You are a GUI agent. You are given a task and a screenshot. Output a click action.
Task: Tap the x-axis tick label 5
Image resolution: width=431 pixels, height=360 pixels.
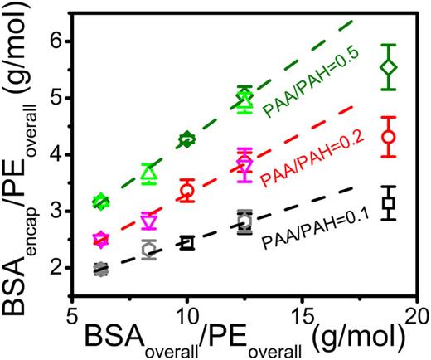point(72,304)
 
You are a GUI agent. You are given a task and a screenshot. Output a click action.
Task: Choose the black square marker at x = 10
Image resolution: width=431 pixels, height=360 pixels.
point(187,243)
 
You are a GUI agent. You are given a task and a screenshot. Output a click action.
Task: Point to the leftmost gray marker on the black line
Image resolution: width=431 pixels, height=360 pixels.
point(101,269)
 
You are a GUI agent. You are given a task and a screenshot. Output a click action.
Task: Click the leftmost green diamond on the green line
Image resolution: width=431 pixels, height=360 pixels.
point(101,201)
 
